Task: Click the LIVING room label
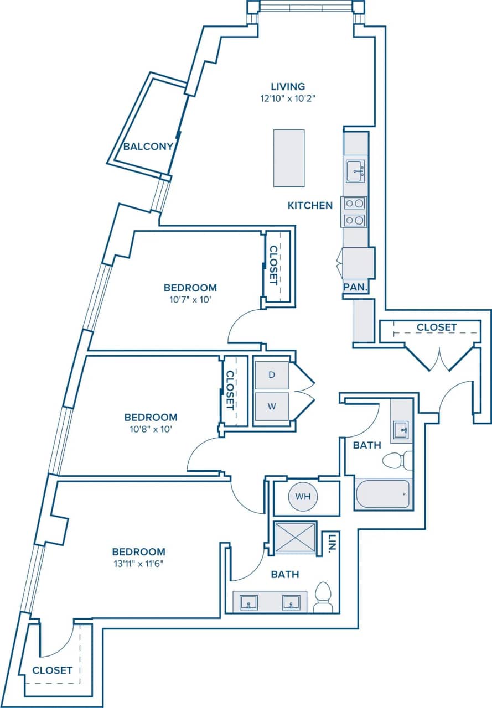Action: point(287,86)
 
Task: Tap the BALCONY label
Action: point(148,147)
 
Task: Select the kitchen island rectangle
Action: point(289,158)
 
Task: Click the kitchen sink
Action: point(355,171)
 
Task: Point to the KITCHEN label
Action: point(310,205)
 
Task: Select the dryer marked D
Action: point(271,374)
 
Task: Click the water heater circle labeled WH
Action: point(302,496)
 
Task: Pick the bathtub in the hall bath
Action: point(382,493)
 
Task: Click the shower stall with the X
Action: point(296,537)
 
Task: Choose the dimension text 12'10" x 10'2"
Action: point(287,99)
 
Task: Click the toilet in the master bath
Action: point(323,598)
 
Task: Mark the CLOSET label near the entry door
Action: point(437,327)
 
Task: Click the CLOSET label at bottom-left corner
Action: point(52,670)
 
